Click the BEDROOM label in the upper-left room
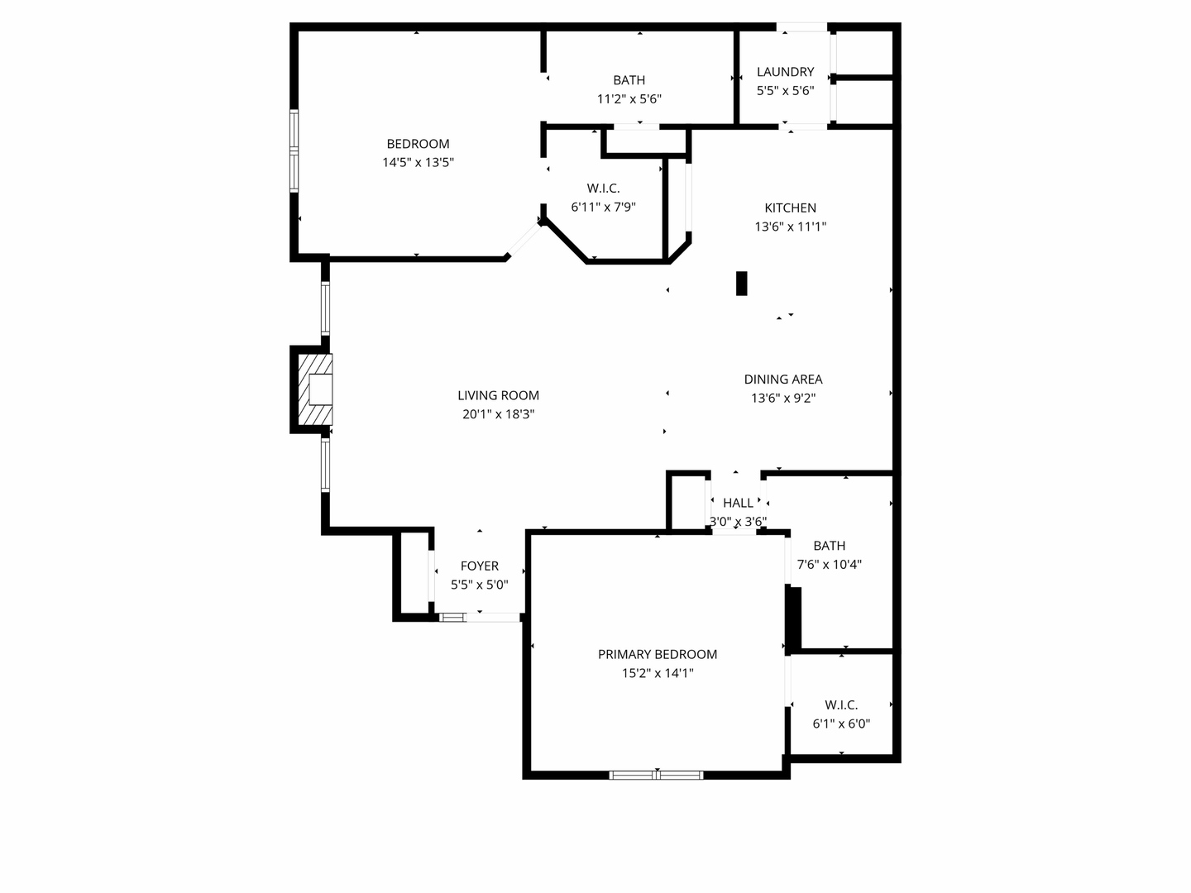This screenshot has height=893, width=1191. tap(418, 144)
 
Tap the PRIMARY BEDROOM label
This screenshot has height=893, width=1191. tap(658, 654)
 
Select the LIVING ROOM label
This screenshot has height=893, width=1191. tap(498, 395)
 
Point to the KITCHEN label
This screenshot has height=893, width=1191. tap(790, 208)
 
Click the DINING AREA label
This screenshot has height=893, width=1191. tap(782, 379)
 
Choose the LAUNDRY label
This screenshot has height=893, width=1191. tap(785, 72)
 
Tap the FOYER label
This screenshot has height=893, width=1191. tap(479, 566)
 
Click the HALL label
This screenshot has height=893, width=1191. tap(738, 503)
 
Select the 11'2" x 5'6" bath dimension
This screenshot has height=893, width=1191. tap(629, 99)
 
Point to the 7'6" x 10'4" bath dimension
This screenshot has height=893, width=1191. tap(829, 565)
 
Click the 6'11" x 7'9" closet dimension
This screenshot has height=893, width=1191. tap(603, 207)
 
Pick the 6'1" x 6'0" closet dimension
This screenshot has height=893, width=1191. tap(841, 723)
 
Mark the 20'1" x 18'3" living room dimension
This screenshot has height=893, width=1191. tap(498, 414)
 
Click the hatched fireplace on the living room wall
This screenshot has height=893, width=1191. tap(315, 389)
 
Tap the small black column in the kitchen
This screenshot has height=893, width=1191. tap(742, 283)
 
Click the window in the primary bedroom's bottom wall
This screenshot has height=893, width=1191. tap(656, 775)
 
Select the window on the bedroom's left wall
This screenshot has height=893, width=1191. tap(294, 150)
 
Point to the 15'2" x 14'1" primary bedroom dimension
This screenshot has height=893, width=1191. tap(658, 673)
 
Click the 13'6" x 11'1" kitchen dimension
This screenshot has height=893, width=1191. tap(790, 227)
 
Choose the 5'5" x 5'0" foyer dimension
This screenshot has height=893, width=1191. tap(479, 585)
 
